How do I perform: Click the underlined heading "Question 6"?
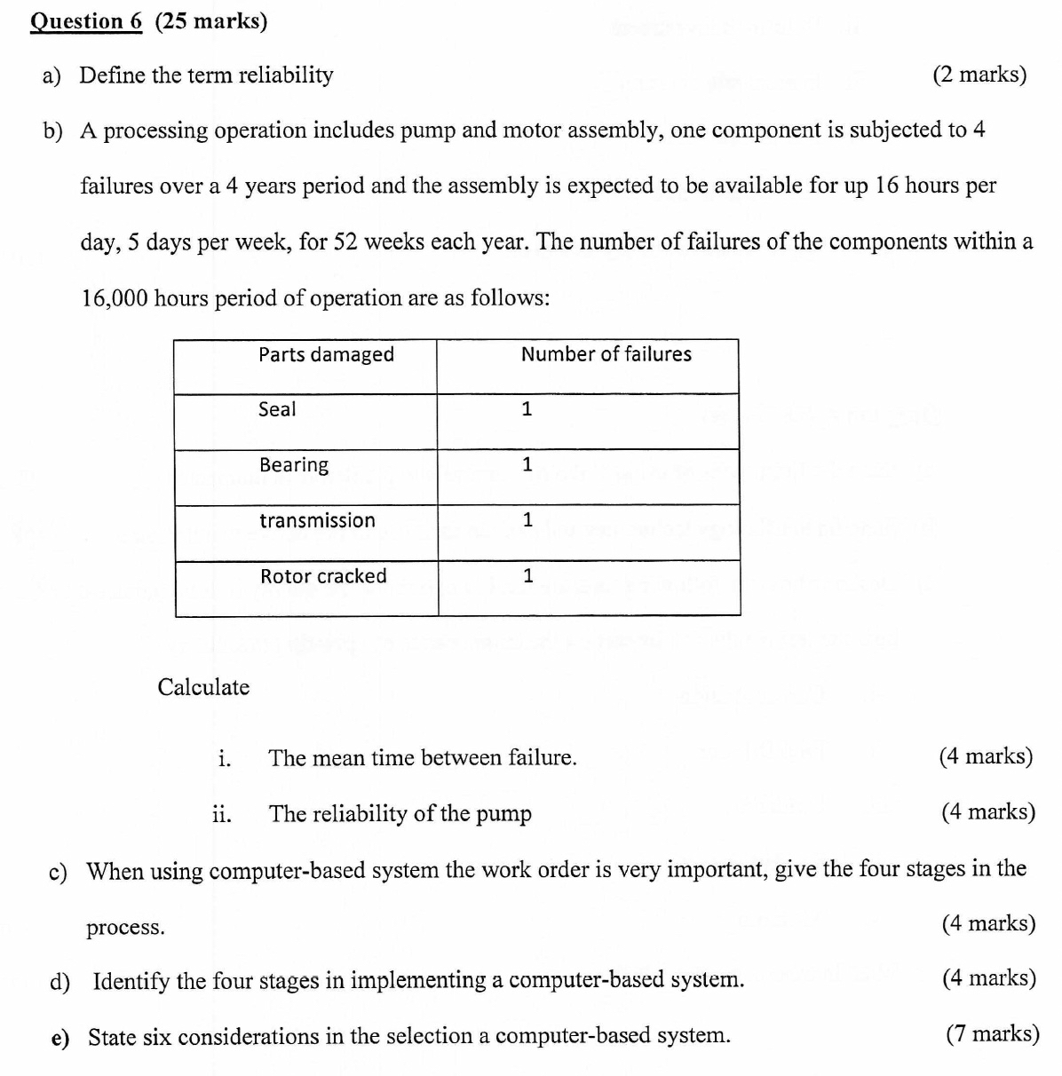86,21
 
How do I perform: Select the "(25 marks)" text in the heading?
210,21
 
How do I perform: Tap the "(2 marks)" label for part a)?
979,75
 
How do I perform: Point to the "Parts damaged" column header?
326,355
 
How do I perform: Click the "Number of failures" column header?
606,354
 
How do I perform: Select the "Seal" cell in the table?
277,409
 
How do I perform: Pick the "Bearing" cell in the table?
294,465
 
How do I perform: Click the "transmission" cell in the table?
317,520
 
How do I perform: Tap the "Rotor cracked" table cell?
323,576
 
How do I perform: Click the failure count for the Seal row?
527,409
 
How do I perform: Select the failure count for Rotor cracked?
527,576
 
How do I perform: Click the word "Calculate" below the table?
203,687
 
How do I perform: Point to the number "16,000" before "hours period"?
115,298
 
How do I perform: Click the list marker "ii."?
221,813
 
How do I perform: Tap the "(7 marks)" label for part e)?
992,1034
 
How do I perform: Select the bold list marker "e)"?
60,1037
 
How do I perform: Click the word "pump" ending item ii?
503,814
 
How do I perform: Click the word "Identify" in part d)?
131,981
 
